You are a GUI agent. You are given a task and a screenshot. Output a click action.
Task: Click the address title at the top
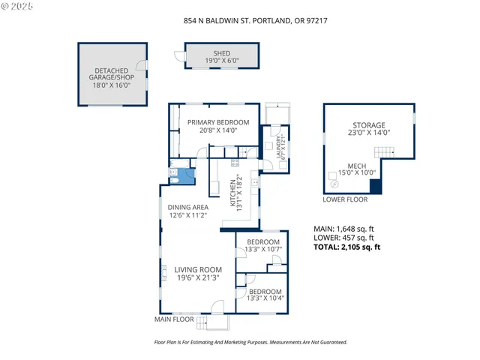(239, 21)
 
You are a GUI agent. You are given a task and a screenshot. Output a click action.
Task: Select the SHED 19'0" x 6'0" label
(222, 57)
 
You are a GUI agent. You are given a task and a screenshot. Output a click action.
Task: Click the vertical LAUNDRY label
(280, 151)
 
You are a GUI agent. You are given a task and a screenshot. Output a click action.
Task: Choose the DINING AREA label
(187, 212)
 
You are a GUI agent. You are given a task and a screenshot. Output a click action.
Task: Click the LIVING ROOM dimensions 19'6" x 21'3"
(198, 278)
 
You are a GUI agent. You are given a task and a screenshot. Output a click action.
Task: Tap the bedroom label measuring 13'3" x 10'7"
(263, 246)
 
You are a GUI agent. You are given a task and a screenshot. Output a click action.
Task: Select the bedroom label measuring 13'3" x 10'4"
(265, 295)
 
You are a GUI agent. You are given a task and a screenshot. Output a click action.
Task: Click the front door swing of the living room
(217, 307)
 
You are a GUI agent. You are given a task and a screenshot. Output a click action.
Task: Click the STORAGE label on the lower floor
(369, 128)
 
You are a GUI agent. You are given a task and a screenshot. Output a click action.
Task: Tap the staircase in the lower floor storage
(385, 153)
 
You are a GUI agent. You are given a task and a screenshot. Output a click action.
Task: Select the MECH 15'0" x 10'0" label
(356, 169)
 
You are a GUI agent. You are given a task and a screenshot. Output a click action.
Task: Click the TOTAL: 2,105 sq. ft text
(346, 247)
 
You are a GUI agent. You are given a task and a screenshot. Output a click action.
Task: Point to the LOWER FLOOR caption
(345, 199)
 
